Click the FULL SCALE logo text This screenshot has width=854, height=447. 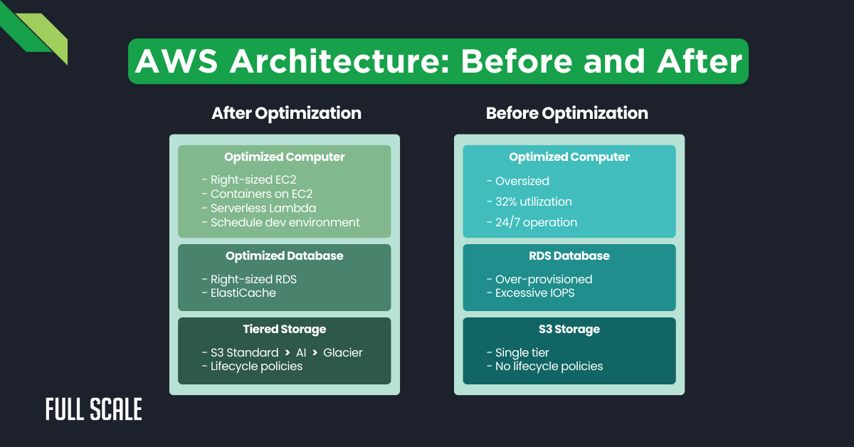click(x=94, y=409)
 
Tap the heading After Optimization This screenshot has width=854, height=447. click(x=286, y=113)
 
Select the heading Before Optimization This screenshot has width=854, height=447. click(x=566, y=113)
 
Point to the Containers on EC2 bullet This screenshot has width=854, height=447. click(x=261, y=194)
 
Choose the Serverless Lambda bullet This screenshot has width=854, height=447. click(x=263, y=209)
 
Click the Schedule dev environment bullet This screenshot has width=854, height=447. click(x=285, y=222)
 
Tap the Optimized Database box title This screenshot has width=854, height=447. click(x=284, y=256)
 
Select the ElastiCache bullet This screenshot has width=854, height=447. click(x=243, y=293)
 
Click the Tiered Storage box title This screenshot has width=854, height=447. click(x=284, y=329)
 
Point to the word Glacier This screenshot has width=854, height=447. click(x=343, y=352)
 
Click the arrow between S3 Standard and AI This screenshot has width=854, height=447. click(x=287, y=353)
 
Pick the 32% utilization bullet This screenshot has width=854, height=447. click(x=533, y=201)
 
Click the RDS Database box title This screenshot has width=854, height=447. click(x=569, y=256)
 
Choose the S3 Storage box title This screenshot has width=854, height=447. click(x=569, y=329)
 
